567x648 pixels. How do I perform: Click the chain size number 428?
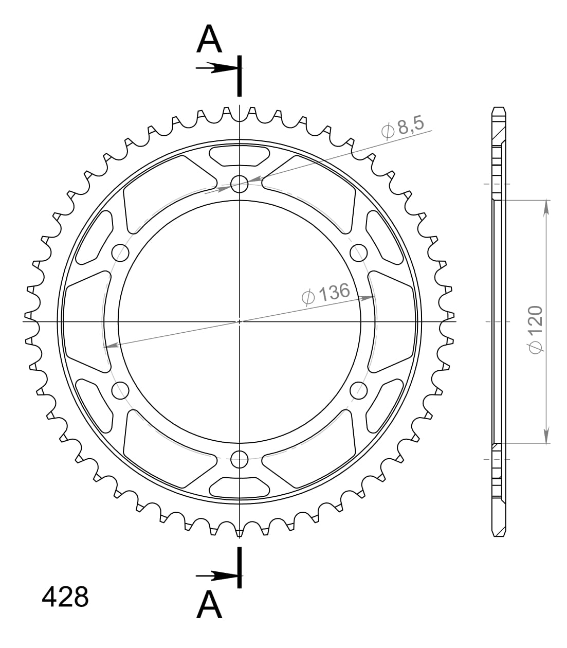[x=65, y=597]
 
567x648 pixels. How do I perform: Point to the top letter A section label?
[x=209, y=40]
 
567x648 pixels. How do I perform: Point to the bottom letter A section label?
[x=209, y=605]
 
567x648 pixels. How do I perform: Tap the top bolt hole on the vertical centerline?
[x=240, y=184]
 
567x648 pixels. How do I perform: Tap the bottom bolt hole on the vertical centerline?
[x=240, y=459]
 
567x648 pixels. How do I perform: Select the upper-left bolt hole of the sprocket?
[x=120, y=252]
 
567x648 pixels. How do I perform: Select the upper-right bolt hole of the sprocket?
[x=359, y=252]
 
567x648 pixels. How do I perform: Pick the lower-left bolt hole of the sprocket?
[x=120, y=390]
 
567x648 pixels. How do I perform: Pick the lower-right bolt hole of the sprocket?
[x=359, y=390]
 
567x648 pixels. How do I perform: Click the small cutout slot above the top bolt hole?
[x=240, y=156]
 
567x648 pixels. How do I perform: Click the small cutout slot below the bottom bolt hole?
[x=240, y=487]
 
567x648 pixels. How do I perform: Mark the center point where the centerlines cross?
[x=240, y=321]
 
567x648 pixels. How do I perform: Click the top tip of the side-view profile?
[x=499, y=109]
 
